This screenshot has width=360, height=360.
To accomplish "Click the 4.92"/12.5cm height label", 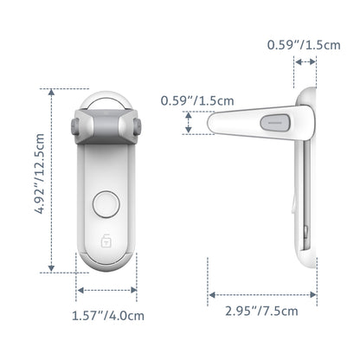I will pyautogui.click(x=38, y=182).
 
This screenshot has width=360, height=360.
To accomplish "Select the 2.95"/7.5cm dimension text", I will pyautogui.click(x=261, y=311).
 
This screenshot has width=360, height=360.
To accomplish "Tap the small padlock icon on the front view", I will pyautogui.click(x=106, y=240).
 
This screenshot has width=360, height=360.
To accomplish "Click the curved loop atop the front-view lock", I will pyautogui.click(x=106, y=99).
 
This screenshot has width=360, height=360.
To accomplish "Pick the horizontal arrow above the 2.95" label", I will pyautogui.click(x=262, y=295).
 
